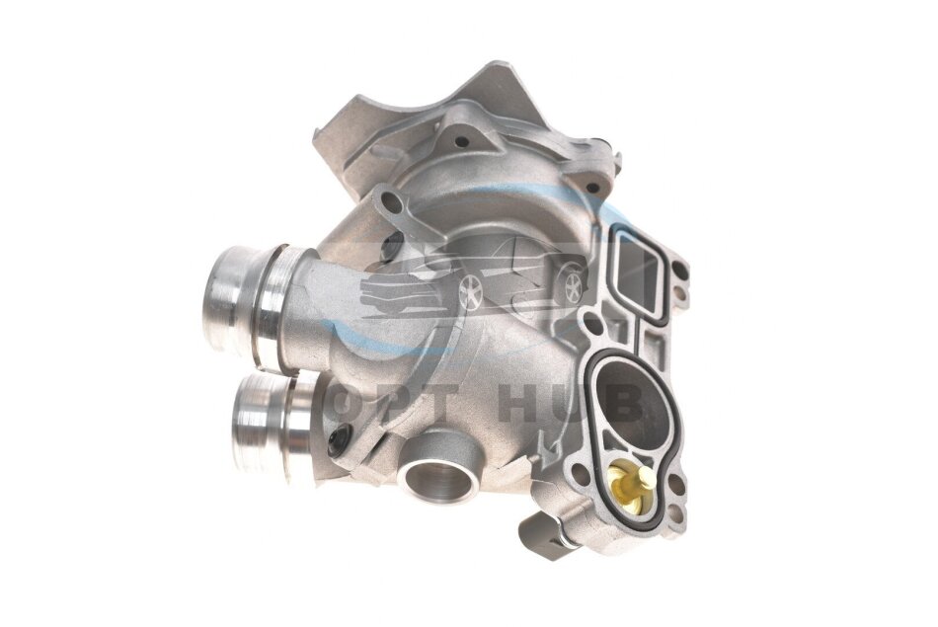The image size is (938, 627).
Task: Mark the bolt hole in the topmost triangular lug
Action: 461,142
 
